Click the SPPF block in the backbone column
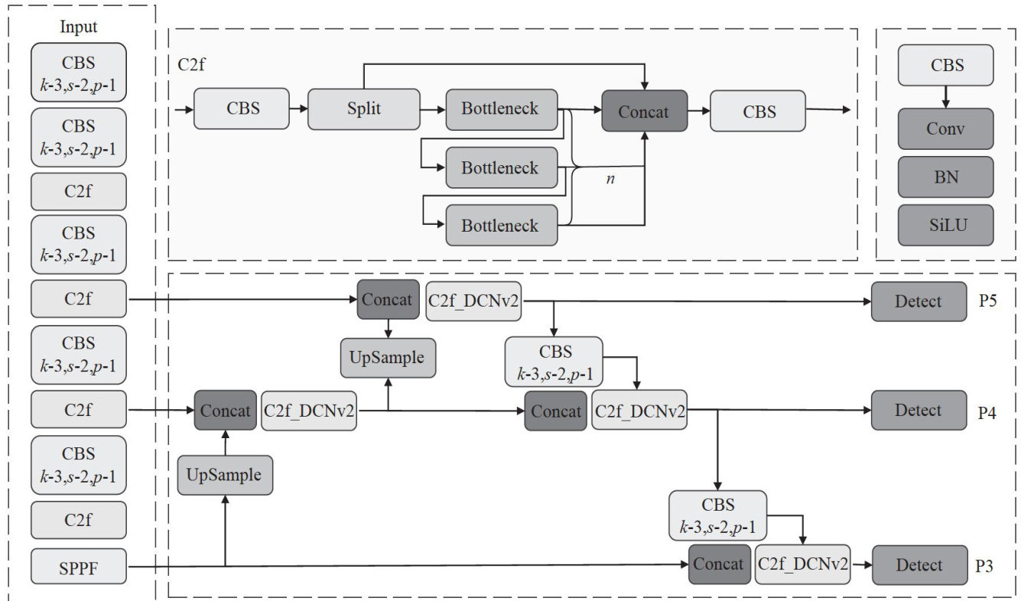79,567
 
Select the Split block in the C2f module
363,109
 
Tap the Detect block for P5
918,301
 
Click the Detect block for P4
918,411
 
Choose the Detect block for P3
918,565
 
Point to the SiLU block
945,225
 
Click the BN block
945,177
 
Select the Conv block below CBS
945,128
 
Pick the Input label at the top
79,28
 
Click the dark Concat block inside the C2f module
644,112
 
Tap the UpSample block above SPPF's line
225,475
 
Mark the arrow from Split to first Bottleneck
433,109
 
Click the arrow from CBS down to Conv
945,96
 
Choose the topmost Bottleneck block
501,109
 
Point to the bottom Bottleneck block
501,226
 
